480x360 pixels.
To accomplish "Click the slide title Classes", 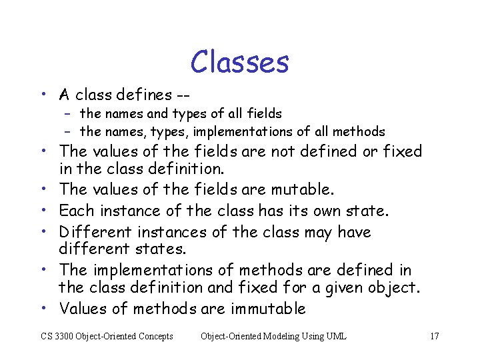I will click(239, 62).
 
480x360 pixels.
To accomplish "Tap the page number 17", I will click(434, 336).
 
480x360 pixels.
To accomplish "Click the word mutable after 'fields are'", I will click(300, 190).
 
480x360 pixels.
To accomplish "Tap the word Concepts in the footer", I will click(154, 336).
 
